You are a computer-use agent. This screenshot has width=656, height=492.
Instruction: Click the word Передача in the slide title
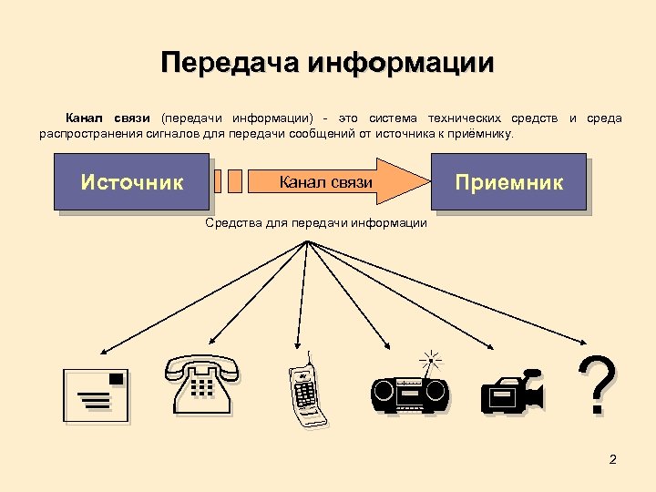pyautogui.click(x=230, y=63)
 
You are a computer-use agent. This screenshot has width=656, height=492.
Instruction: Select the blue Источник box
pyautogui.click(x=132, y=182)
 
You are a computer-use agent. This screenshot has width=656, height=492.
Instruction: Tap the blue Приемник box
pyautogui.click(x=508, y=182)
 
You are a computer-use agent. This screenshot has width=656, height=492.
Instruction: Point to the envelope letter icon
pyautogui.click(x=95, y=395)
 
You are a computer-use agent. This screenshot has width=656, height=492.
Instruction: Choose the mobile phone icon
pyautogui.click(x=306, y=393)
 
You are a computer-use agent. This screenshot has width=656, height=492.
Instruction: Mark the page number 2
pyautogui.click(x=612, y=458)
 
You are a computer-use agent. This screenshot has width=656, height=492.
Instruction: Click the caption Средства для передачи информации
pyautogui.click(x=315, y=222)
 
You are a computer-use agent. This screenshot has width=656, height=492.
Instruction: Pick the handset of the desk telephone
pyautogui.click(x=201, y=366)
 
